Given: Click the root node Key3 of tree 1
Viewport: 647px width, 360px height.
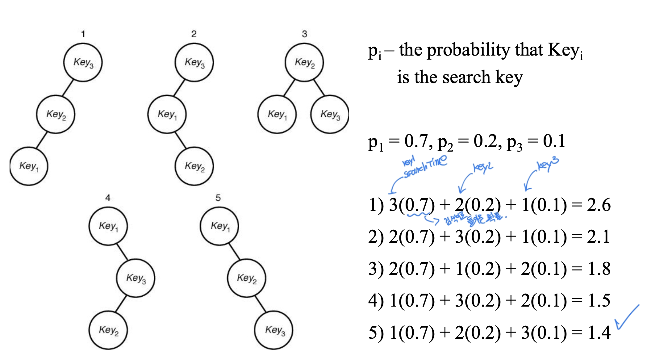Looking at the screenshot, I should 83,63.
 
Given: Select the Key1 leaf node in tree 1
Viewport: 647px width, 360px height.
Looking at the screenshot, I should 29,166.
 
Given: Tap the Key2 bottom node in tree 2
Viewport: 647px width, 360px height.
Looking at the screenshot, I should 194,166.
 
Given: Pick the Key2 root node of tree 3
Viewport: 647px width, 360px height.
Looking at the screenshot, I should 304,63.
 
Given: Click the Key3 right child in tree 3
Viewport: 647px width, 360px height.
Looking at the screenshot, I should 330,115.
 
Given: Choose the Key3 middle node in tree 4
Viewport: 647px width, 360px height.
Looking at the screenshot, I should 136,278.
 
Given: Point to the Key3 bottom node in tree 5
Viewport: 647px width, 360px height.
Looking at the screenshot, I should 274,330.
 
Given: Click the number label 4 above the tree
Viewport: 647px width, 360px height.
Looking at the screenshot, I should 108,198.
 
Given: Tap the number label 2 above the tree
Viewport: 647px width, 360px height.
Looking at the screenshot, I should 194,34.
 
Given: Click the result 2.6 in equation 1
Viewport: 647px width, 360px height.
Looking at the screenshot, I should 599,205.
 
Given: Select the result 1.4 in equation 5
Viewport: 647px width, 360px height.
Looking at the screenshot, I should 599,333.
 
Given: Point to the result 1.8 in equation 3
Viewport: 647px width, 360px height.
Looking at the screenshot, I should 599,269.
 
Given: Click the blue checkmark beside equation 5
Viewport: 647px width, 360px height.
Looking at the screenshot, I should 627,318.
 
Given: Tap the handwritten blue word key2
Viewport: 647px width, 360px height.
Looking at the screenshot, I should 483,168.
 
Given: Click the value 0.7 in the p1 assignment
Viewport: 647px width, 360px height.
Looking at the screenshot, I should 416,141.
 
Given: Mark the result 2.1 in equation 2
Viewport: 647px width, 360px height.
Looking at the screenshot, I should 599,237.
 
